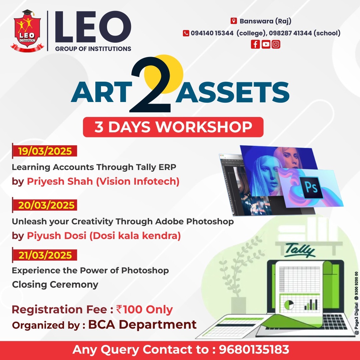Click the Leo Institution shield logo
point(27,31)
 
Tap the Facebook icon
point(255,44)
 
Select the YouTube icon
point(266,44)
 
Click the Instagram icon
point(276,44)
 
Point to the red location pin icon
point(233,21)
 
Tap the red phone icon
point(186,33)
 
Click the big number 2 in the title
point(151,84)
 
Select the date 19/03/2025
point(45,151)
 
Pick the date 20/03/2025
point(46,205)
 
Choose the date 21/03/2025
point(45,255)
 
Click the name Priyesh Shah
point(60,181)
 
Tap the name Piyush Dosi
point(56,236)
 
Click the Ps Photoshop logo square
point(312,187)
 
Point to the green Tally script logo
point(300,250)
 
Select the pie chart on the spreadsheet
point(289,305)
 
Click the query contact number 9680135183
point(254,349)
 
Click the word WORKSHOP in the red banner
point(204,127)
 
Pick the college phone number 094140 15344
point(212,33)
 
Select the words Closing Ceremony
point(55,284)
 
